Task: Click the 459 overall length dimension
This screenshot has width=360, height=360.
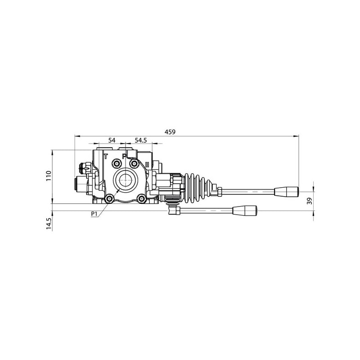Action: click(170, 132)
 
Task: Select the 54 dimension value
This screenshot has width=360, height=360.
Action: click(112, 140)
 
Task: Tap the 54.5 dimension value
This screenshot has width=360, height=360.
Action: click(140, 140)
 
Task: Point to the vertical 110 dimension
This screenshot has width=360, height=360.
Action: click(49, 175)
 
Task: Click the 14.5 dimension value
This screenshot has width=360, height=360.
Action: click(49, 223)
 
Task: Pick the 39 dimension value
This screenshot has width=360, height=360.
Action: click(310, 201)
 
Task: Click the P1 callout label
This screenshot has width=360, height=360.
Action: click(94, 214)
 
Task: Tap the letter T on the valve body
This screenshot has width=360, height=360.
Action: click(106, 156)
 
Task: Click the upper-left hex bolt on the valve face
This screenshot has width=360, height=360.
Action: click(117, 163)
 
